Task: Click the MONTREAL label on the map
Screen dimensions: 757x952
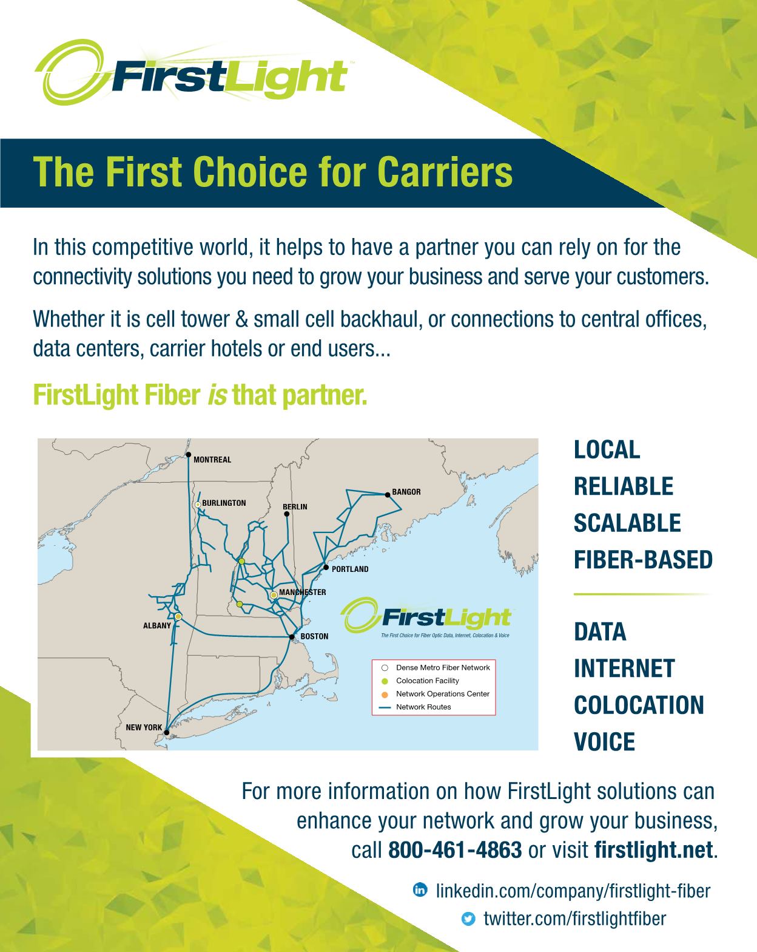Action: tap(212, 460)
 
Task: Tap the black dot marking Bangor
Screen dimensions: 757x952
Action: tap(388, 495)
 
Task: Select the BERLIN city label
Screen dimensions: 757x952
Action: tap(295, 506)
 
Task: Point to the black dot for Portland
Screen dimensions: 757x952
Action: tap(326, 567)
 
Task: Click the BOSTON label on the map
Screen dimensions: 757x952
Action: tap(314, 636)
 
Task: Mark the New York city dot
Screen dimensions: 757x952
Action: tap(167, 733)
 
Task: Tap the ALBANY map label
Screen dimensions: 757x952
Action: tap(157, 625)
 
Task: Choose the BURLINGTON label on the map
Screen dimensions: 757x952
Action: tap(224, 503)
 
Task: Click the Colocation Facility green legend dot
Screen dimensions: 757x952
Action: tap(385, 681)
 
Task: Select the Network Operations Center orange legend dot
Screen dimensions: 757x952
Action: tap(385, 695)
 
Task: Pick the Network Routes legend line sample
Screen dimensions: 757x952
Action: tap(385, 707)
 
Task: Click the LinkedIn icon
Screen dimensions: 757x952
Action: tap(420, 889)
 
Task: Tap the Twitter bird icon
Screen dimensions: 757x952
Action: tap(468, 919)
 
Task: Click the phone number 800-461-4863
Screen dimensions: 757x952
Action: tap(455, 850)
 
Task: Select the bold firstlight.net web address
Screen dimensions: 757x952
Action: tap(653, 850)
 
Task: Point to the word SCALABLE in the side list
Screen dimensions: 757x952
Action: tap(627, 523)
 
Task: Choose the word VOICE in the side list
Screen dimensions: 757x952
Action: tap(604, 742)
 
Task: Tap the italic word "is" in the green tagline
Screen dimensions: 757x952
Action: tap(217, 395)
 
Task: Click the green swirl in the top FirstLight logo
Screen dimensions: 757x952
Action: tap(71, 71)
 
